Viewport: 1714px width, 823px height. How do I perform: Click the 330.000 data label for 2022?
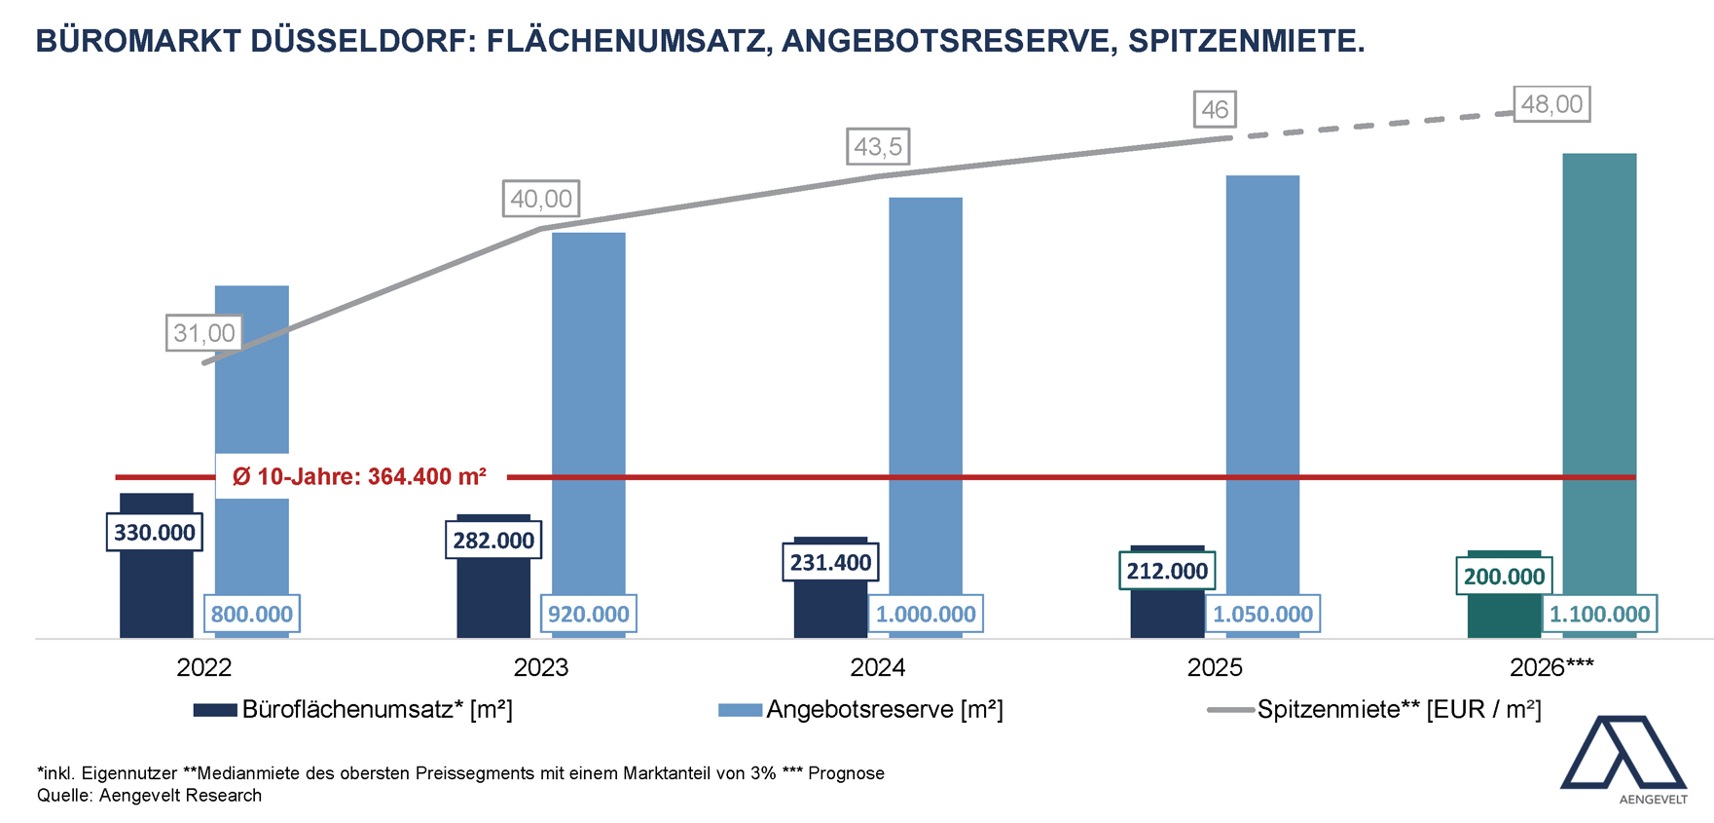coord(155,533)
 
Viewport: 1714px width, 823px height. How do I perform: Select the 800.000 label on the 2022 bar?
coord(251,614)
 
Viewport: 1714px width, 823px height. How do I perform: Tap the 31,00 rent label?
coord(203,333)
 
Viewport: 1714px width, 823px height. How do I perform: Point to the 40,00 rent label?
coord(541,199)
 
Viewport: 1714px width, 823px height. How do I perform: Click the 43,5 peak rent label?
coord(878,147)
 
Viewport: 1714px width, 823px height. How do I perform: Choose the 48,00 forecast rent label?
coord(1551,104)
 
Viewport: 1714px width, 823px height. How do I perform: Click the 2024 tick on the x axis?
coord(877,667)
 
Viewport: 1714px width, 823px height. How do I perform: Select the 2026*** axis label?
coord(1551,667)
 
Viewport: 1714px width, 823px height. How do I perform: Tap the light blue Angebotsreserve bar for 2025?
coord(1262,390)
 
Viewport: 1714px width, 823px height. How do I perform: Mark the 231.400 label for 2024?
coord(830,562)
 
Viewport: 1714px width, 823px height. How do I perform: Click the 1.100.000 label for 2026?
coord(1599,614)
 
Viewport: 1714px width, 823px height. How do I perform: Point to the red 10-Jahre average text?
coord(359,476)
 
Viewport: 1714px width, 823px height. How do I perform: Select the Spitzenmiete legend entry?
coord(1399,710)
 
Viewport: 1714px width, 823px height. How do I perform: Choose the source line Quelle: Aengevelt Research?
coord(149,795)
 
